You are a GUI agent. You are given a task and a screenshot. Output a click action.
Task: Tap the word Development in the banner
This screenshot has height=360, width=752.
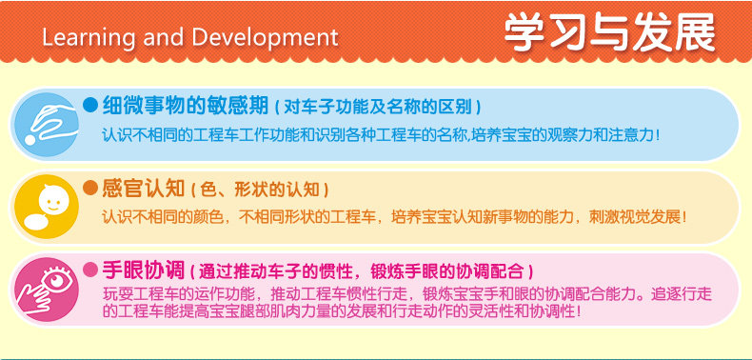click(x=266, y=38)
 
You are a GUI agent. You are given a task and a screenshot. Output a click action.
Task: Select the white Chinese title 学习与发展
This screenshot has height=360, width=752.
click(x=609, y=32)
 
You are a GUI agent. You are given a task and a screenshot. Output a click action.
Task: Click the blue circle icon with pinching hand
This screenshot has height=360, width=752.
click(x=47, y=125)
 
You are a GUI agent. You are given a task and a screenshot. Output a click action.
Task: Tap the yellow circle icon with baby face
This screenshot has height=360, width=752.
click(x=47, y=207)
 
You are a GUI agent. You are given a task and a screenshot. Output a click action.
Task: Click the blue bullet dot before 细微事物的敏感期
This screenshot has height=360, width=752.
click(x=90, y=105)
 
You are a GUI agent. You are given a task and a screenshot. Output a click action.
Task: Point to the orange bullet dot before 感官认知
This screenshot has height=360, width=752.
click(x=90, y=188)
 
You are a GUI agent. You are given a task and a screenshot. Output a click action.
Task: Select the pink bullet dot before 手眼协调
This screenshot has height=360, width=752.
click(x=90, y=270)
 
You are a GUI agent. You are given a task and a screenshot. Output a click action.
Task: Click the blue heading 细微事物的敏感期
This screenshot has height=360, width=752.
click(x=185, y=106)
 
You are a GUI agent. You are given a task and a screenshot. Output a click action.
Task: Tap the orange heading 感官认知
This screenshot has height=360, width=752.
click(x=144, y=189)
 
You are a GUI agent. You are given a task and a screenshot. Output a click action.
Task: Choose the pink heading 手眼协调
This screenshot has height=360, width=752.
click(x=144, y=270)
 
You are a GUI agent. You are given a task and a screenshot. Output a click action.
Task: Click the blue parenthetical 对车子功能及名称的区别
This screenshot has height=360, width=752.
click(x=378, y=107)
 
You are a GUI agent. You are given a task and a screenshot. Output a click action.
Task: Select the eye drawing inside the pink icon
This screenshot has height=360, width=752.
click(x=56, y=279)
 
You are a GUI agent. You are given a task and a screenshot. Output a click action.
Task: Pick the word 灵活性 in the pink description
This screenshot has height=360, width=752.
click(x=492, y=311)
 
